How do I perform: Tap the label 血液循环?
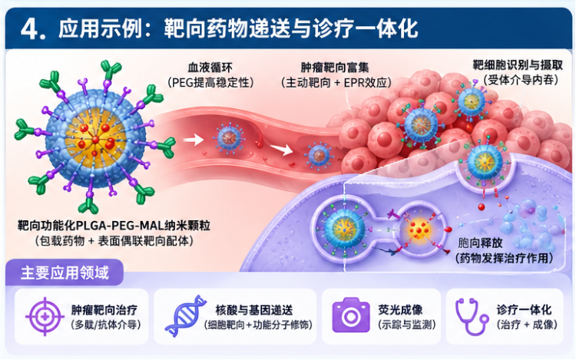(x=210, y=68)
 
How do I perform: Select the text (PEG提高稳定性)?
(x=210, y=82)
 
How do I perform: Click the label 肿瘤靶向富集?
(x=335, y=68)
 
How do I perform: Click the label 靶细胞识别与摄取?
(x=517, y=65)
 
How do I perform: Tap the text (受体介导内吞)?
(x=521, y=80)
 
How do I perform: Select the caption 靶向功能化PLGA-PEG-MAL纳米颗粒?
(x=114, y=225)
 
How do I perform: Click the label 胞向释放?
(x=480, y=243)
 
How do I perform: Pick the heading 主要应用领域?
(x=65, y=273)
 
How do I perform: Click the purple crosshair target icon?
(x=45, y=316)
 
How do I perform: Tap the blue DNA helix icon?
(x=186, y=315)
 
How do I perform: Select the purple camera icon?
(x=351, y=315)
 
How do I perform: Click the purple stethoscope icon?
(x=471, y=317)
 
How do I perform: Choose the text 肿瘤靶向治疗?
(x=104, y=310)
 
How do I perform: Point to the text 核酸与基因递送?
(x=254, y=310)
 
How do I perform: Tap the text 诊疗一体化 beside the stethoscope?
(x=524, y=310)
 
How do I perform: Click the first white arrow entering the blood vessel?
(x=194, y=140)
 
